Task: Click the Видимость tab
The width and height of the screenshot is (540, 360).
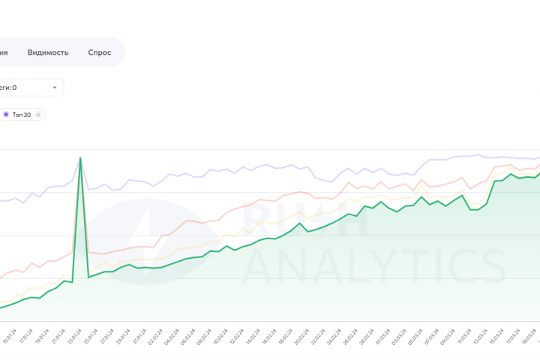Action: click(x=48, y=52)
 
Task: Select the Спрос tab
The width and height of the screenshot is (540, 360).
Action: click(x=99, y=52)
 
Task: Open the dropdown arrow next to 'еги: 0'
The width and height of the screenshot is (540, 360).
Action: click(x=55, y=88)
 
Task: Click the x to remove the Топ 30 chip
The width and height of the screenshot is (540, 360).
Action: click(x=39, y=115)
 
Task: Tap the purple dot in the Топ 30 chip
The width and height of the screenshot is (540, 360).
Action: click(x=6, y=115)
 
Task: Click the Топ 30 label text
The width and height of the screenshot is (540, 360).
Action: click(x=22, y=115)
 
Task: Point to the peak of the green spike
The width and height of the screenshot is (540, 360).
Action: click(x=80, y=157)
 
